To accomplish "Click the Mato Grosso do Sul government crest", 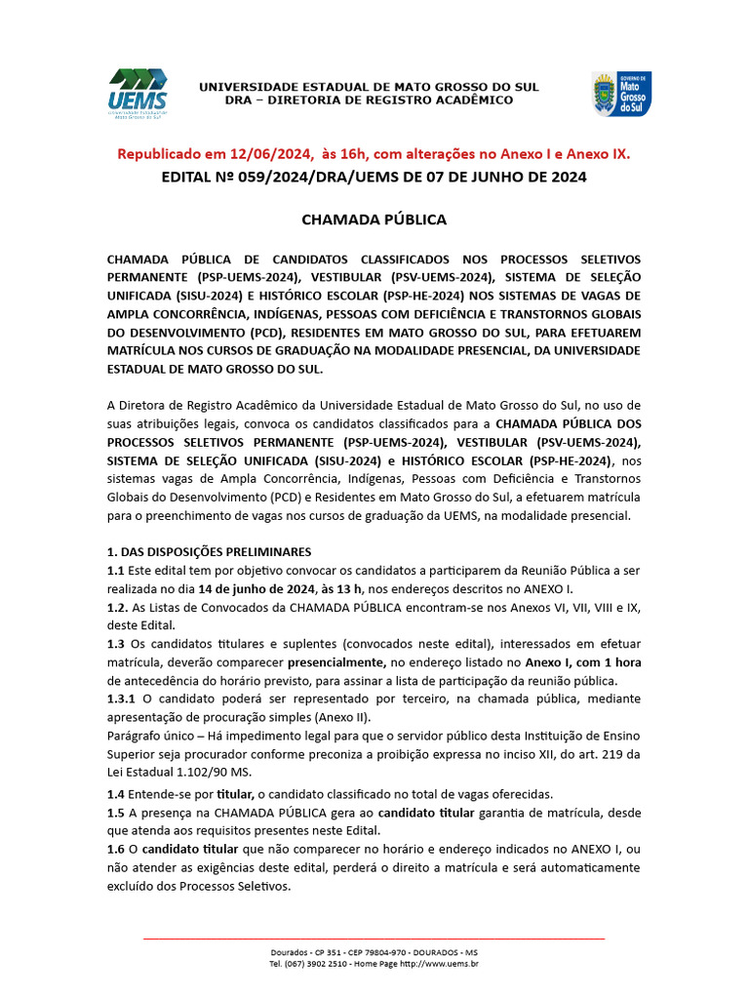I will [621, 93].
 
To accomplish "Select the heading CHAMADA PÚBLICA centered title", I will [374, 220].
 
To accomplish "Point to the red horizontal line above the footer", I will [374, 939].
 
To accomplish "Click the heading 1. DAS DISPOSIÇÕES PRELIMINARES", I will [209, 551].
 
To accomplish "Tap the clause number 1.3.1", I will [123, 699].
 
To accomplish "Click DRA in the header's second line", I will [238, 100].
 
